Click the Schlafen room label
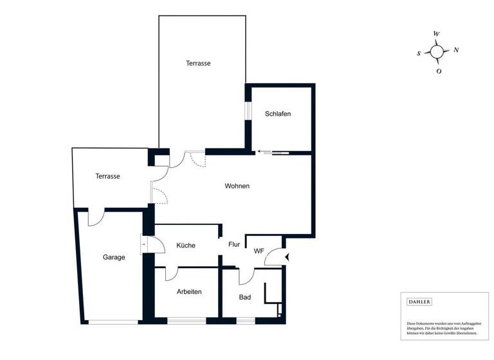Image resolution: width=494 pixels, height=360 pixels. (x=278, y=114)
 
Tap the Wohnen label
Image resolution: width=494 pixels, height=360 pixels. (x=237, y=186)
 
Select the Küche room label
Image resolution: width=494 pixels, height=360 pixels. (x=186, y=245)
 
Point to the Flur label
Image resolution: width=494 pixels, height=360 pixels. (x=234, y=244)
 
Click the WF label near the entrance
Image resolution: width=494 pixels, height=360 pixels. (x=259, y=251)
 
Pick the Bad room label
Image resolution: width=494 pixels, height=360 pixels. (x=245, y=297)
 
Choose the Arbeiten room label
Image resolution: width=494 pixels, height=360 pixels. (x=189, y=291)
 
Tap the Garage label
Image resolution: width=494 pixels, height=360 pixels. (x=114, y=257)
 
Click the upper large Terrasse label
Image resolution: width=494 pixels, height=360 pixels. (x=198, y=63)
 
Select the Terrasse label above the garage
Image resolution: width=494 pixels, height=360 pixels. (x=108, y=176)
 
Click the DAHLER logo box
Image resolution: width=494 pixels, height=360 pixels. (x=419, y=301)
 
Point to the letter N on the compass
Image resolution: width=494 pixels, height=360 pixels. (x=456, y=50)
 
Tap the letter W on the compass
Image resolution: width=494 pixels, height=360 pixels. (x=437, y=33)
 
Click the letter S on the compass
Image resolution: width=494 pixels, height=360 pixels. (x=419, y=54)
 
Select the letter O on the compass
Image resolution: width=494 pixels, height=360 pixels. (x=439, y=71)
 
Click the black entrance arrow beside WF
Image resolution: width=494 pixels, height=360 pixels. (x=287, y=257)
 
